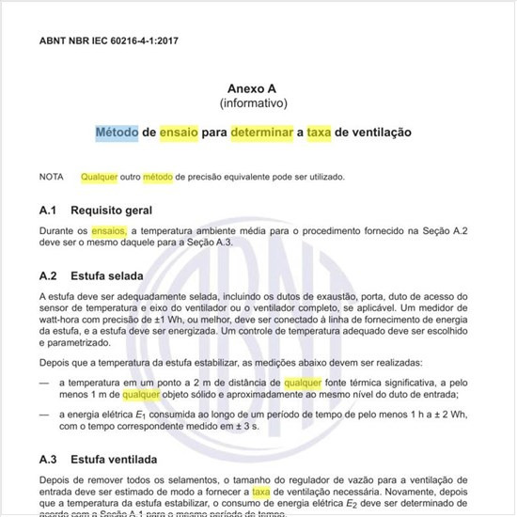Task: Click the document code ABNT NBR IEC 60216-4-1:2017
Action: [109, 41]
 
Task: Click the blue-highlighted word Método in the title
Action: [117, 133]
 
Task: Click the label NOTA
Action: [52, 177]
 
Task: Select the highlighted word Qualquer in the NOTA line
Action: [100, 177]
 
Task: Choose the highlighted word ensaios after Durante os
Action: [109, 230]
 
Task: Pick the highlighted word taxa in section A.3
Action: [261, 491]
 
